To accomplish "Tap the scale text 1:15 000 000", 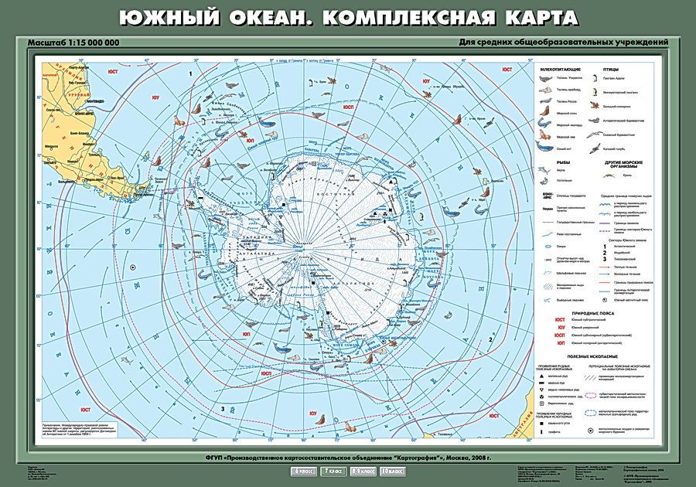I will (x=87, y=42).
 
